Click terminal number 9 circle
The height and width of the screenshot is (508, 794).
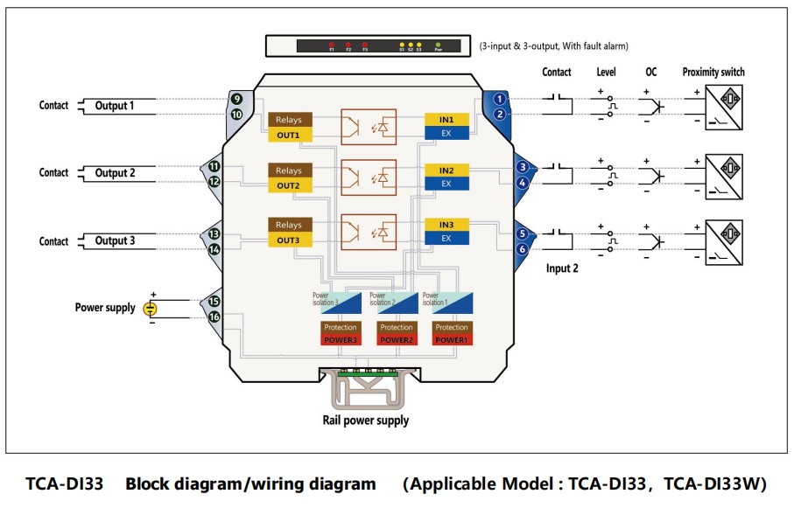tap(236, 100)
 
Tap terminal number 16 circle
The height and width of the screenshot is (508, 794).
tap(214, 317)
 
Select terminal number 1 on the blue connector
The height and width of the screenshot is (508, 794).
tap(499, 99)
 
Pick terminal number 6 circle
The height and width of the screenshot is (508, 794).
tap(523, 249)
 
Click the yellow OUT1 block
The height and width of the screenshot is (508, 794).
tap(289, 136)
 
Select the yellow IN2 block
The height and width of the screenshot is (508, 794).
tap(446, 170)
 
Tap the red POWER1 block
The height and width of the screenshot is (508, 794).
tap(452, 339)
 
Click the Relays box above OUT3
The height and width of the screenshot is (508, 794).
tap(289, 226)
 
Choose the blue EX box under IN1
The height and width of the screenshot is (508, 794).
tap(446, 132)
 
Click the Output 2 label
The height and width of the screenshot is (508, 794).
tap(116, 173)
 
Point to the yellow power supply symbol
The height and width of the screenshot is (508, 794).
tap(151, 308)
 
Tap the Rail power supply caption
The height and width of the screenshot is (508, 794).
tap(366, 421)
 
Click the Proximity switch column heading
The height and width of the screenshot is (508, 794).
tap(713, 73)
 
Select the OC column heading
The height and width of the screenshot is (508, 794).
tap(651, 73)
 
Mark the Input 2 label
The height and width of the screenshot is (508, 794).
tap(562, 268)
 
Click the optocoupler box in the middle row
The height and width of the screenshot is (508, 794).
tap(368, 178)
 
